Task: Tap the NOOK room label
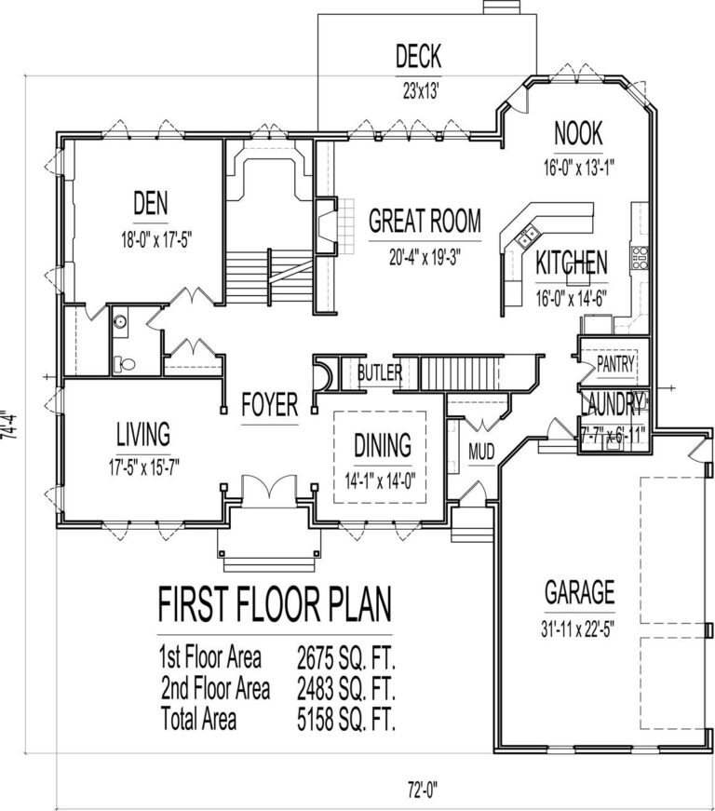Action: pos(579,133)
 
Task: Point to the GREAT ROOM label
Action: pos(425,221)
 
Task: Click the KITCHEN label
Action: pos(572,263)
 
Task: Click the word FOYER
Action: pos(269,404)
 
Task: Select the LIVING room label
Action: pos(142,433)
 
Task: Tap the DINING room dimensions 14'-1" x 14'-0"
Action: pos(383,480)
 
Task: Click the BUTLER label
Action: pos(379,373)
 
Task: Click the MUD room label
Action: pos(481,453)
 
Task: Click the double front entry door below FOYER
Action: pos(268,489)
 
